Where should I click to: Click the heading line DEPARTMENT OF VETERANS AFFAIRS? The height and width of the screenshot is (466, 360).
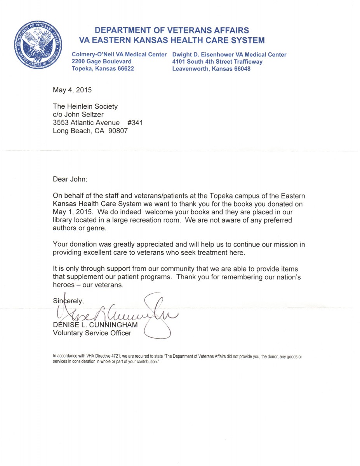[x=172, y=30]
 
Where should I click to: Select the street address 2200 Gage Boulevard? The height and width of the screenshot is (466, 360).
[x=101, y=61]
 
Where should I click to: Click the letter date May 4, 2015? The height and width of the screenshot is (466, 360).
[x=72, y=90]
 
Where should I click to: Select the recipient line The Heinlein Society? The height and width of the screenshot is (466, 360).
[x=85, y=106]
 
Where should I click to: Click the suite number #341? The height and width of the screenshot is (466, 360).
[x=135, y=123]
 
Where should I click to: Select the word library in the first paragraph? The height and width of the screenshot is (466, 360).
[x=62, y=220]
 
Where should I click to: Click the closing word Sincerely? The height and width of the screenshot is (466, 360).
[x=68, y=300]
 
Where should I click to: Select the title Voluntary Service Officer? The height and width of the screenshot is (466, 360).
[x=92, y=333]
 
